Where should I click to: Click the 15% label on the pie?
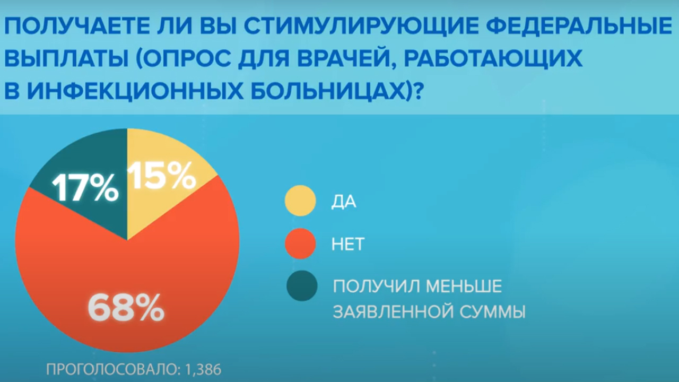[x=161, y=176]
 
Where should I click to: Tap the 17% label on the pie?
[x=85, y=188]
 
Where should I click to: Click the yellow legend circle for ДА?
[x=300, y=201]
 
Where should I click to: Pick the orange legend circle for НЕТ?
[x=300, y=244]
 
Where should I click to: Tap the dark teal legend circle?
[x=302, y=285]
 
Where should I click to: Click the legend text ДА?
[x=343, y=202]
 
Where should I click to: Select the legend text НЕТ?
[x=348, y=244]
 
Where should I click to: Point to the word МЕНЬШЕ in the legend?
[x=464, y=286]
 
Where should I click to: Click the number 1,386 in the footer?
[x=203, y=370]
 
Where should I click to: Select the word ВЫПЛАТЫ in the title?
[x=66, y=58]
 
